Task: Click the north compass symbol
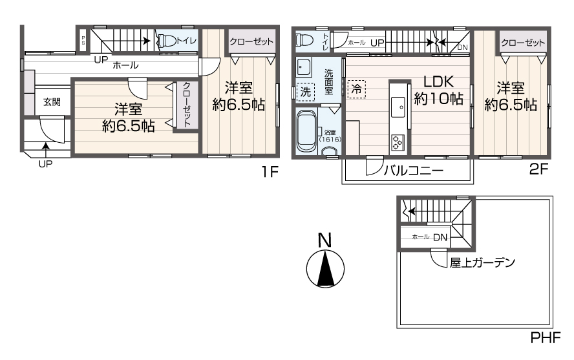325,268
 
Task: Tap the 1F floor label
270,173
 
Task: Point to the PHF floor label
546,337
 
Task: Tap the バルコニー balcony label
413,171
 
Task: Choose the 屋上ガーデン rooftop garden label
482,262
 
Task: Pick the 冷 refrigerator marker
356,89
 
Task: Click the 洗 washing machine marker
306,92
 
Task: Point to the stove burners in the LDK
397,142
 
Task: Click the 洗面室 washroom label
328,81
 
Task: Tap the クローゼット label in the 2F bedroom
522,43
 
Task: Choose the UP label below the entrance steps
45,164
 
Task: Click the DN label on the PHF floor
440,237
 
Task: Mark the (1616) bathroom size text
330,139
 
